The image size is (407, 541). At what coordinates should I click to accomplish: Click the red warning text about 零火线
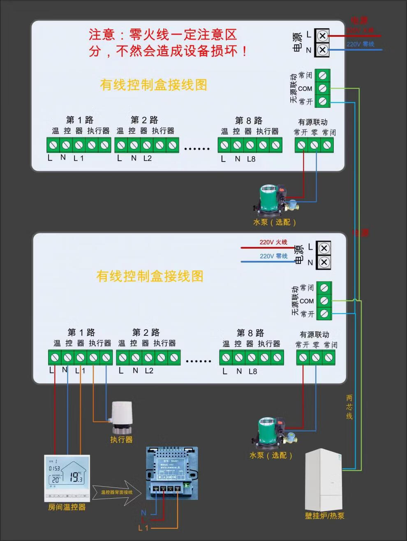[168, 42]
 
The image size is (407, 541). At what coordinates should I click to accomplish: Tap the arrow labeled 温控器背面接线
[117, 492]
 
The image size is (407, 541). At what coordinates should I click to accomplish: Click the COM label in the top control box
[305, 88]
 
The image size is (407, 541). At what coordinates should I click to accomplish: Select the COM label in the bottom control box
[307, 301]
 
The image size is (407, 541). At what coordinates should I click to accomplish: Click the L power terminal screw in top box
[323, 36]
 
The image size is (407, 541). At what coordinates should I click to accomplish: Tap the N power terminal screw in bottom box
[324, 262]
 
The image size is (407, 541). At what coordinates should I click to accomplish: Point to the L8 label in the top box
[251, 159]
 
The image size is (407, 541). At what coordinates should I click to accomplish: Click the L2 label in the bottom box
[149, 371]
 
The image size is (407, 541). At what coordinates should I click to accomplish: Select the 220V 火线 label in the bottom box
[273, 242]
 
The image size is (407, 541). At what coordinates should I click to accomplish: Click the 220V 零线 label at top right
[361, 44]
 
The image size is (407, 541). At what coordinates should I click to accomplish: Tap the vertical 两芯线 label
[349, 407]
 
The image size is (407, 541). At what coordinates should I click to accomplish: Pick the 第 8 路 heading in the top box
[249, 120]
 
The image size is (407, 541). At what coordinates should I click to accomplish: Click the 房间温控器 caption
[67, 507]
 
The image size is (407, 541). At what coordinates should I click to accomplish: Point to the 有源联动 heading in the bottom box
[314, 335]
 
